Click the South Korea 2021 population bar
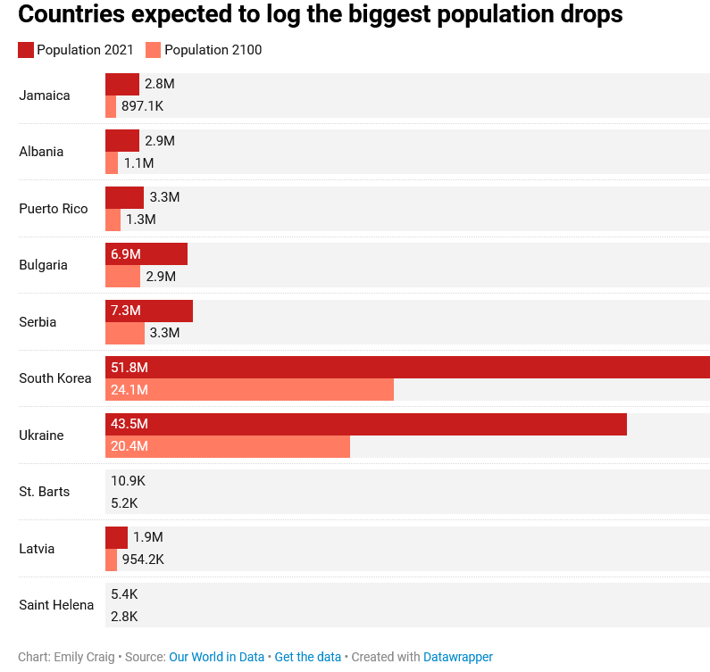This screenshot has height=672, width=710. point(407,367)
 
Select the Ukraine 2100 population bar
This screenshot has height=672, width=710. point(228,446)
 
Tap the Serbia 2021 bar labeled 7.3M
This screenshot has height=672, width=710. point(149,311)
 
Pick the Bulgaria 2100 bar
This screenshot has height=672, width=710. point(122,277)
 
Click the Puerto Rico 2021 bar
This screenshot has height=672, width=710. point(124,197)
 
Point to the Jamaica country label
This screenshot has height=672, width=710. point(45,95)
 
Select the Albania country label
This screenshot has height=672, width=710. point(41,152)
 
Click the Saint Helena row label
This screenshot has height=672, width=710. point(56,605)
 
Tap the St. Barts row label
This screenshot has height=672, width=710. point(45,492)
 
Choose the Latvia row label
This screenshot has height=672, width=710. point(38,549)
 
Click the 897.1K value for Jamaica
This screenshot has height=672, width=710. point(142,106)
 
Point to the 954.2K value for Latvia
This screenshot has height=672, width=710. point(143,560)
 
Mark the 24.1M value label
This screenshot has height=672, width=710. point(129,390)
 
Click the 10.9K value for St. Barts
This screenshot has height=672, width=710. point(128,481)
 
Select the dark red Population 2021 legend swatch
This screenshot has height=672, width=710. point(26,50)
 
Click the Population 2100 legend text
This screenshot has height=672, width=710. point(213,50)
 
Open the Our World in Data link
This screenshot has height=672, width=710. point(217,657)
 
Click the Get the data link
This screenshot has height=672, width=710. point(308,657)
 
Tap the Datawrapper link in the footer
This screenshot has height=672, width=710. point(458,657)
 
